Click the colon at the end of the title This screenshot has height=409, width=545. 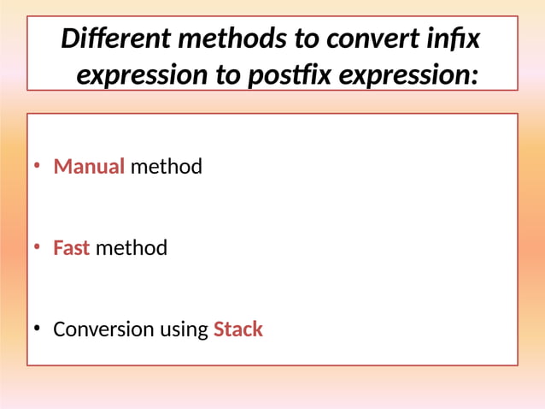pos(473,77)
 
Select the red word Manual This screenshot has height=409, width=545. pos(89,166)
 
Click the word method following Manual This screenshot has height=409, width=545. pos(166,166)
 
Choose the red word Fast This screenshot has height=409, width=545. pos(71,248)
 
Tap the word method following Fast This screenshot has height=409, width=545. pos(131,248)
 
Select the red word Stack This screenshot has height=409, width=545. pos(237,329)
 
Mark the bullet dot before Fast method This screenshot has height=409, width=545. pos(37,248)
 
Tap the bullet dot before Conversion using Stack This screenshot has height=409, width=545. pos(37,329)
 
